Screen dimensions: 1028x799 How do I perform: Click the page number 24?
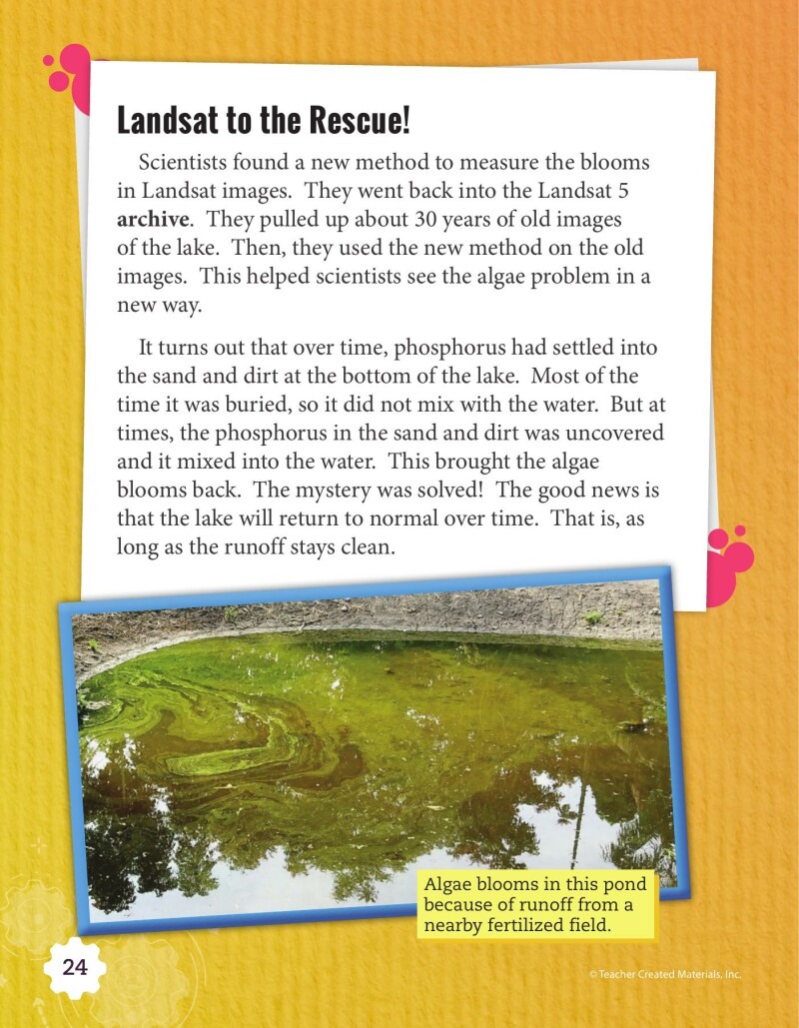coord(75,968)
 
